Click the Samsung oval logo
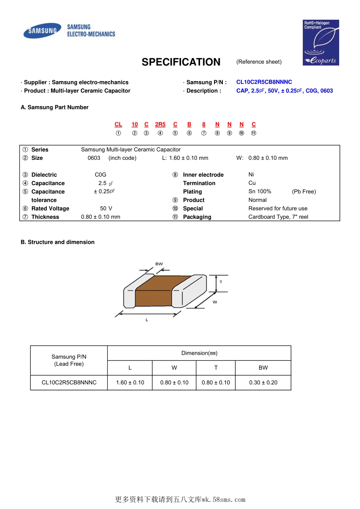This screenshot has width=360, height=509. pos(42,31)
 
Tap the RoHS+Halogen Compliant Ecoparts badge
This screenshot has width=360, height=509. pos(321,42)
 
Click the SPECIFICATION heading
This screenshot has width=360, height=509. pos(181,62)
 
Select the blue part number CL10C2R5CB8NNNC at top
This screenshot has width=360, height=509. pos(264,82)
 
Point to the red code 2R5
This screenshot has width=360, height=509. pos(160,124)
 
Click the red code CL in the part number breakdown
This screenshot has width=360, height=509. pos(118,124)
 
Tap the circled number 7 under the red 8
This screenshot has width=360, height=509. pos(204,133)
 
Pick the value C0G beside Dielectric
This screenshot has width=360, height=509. pos(100,175)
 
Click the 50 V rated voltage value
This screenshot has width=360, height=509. pos(106,208)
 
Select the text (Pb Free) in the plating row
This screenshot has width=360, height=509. pos(304,192)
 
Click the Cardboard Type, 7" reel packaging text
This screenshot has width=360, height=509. pos(278,217)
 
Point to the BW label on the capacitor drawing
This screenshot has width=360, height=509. pos(159,264)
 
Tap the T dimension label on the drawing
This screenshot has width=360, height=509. pos(221,282)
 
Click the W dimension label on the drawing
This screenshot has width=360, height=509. pos(215,302)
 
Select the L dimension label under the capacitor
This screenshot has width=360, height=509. pos(147,320)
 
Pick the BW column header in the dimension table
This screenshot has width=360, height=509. pos(263,368)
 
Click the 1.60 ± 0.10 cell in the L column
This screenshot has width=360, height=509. pos(130,383)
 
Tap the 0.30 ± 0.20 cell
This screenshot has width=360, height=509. pos(263,383)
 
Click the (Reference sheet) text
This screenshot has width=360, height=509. pos(259,62)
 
